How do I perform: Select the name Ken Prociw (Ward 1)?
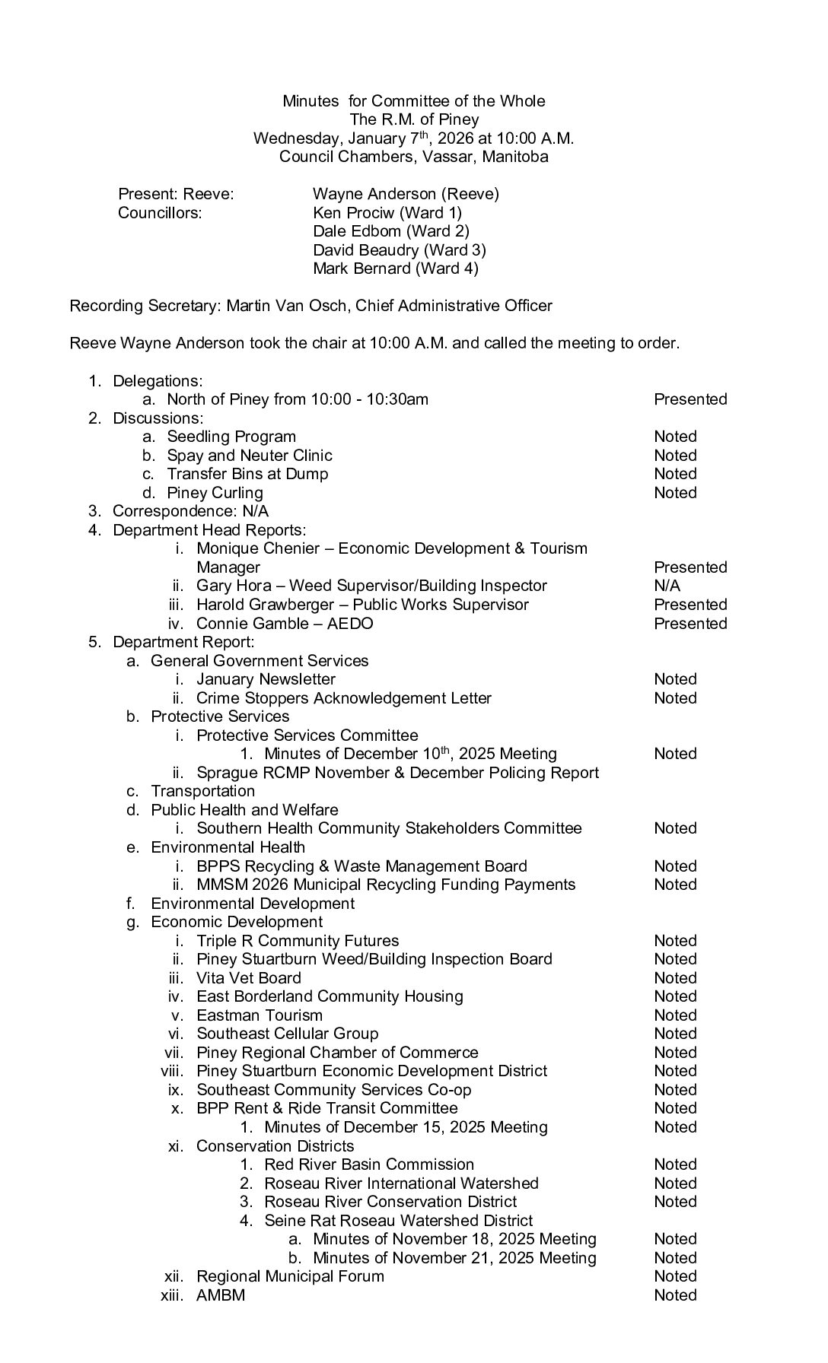[387, 213]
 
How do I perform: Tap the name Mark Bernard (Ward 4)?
[396, 268]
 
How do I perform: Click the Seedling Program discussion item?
[231, 437]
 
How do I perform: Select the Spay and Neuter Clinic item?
[250, 456]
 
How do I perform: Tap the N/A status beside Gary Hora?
[667, 586]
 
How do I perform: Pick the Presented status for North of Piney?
[690, 399]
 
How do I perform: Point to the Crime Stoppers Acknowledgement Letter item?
[344, 698]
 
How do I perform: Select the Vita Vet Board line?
[249, 978]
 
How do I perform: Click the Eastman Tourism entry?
[260, 1015]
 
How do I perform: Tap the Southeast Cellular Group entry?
[287, 1034]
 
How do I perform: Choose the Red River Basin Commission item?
[369, 1164]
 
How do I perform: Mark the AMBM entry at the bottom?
[221, 1295]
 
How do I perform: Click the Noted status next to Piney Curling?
[675, 493]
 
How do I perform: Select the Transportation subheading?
[202, 791]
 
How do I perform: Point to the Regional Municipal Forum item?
[290, 1276]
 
